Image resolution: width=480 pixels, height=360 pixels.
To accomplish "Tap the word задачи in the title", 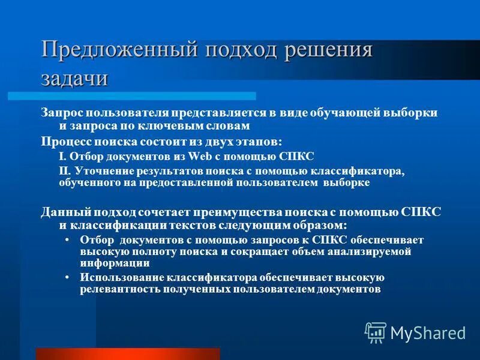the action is click(75, 77).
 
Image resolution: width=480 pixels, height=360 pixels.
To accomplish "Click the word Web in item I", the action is click(199, 156).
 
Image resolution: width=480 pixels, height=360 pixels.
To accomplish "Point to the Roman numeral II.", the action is click(65, 172).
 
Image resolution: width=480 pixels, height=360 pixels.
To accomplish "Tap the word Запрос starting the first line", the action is click(61, 113).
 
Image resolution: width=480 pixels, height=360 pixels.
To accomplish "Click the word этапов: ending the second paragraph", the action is click(259, 142).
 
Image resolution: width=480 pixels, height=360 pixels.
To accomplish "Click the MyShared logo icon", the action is click(376, 332).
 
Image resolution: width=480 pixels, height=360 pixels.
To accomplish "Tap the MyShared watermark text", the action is click(428, 333).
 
